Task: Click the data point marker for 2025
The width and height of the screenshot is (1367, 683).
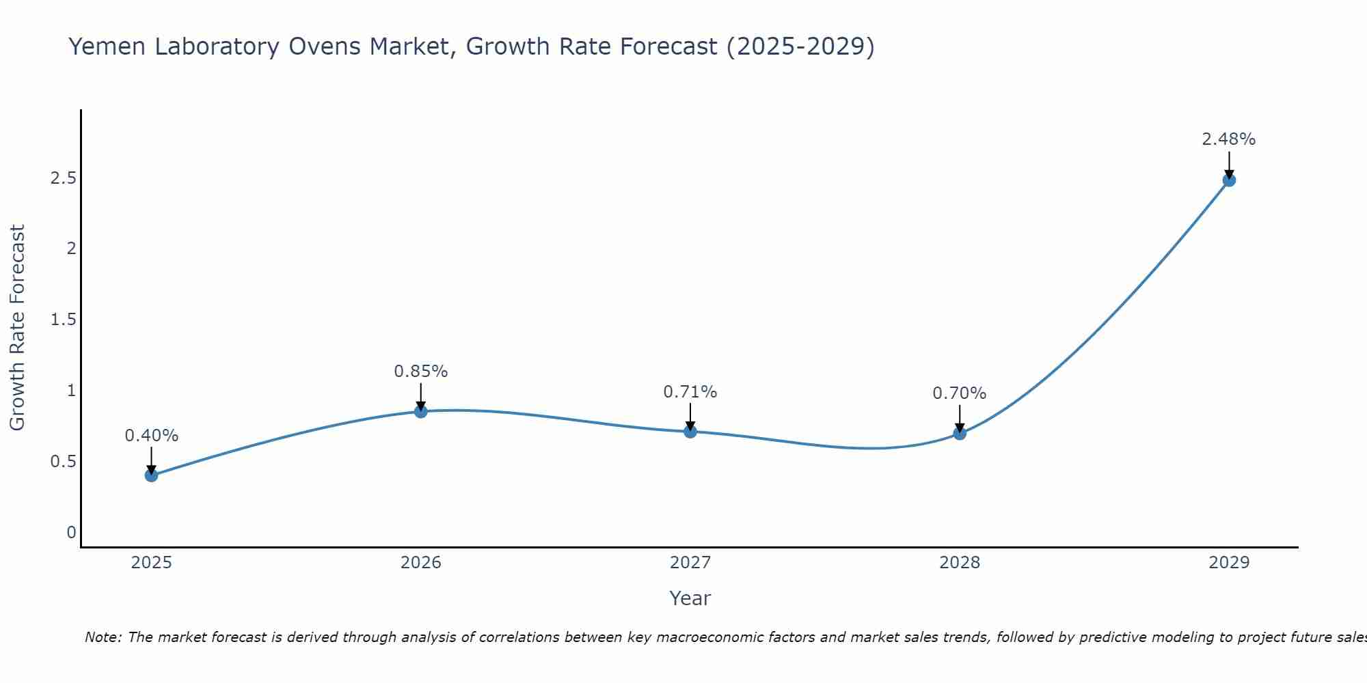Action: coord(152,475)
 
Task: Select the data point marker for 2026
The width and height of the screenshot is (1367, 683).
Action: coord(421,411)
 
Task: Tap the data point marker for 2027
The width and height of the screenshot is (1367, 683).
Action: coord(690,432)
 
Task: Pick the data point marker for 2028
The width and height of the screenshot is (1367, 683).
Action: coord(960,433)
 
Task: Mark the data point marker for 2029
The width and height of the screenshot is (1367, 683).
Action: coord(1229,180)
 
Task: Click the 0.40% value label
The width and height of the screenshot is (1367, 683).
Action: coord(152,436)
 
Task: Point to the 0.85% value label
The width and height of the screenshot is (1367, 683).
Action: coord(421,372)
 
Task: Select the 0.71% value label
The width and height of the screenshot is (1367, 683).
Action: coord(690,392)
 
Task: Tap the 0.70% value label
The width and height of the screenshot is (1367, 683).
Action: coord(960,393)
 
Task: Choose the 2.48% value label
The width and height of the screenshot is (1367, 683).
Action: coord(1229,139)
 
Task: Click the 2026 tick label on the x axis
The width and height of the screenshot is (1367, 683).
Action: coord(421,563)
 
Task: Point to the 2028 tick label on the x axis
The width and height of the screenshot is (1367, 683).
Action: coord(960,563)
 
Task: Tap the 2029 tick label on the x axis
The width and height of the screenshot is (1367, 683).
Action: coord(1229,563)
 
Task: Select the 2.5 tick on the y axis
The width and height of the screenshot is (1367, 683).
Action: coord(63,178)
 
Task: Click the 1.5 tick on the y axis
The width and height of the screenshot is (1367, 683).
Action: coord(63,320)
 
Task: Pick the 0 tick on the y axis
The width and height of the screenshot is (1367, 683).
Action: coord(71,533)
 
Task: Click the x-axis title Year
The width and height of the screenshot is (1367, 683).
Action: coord(690,598)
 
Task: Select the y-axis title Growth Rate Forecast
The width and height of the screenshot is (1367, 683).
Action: coord(18,328)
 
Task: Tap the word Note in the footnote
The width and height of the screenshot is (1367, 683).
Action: coord(103,637)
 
